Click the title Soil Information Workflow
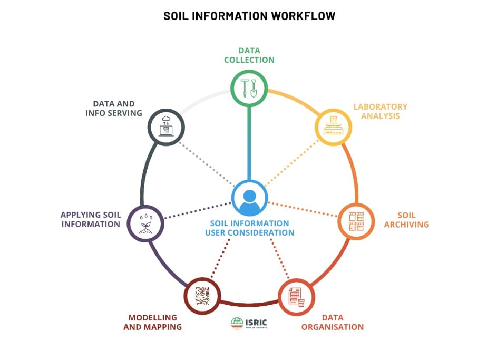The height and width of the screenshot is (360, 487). tap(249, 16)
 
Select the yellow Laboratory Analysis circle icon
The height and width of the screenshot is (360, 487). tap(333, 127)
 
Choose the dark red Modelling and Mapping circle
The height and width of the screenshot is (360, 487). tap(202, 296)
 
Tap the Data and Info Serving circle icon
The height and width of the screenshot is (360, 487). tap(166, 125)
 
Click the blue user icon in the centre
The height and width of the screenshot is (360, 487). tap(249, 199)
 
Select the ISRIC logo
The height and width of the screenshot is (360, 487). tap(249, 323)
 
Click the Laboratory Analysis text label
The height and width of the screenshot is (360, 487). tap(381, 111)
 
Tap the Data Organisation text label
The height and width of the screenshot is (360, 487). tap(333, 322)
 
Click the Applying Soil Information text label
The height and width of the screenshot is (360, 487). tap(91, 219)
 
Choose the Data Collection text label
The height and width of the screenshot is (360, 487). tap(249, 55)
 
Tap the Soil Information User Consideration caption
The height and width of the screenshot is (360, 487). tap(249, 228)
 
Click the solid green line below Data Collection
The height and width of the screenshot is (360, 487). tap(249, 142)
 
